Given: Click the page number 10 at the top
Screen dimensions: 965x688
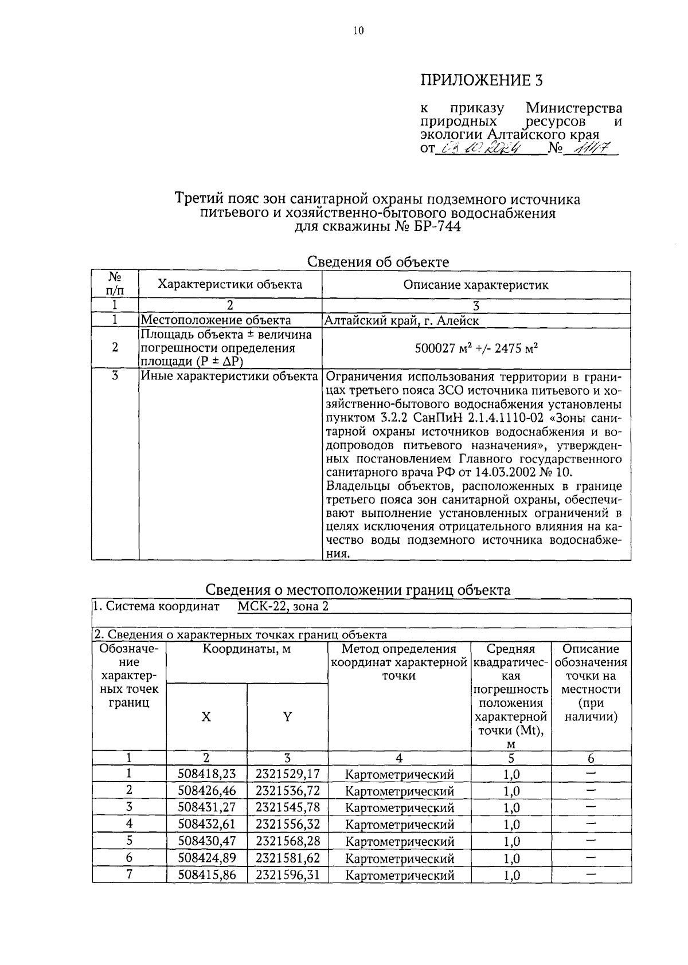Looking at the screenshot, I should pos(358,31).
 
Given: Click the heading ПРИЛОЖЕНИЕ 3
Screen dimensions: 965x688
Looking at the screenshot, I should pos(481,80).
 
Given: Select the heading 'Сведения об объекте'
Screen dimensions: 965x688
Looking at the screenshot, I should pos(378,262).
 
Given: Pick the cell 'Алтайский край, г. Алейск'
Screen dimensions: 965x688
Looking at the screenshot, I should pos(402,320).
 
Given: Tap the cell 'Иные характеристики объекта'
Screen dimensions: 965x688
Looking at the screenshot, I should pos(229,376).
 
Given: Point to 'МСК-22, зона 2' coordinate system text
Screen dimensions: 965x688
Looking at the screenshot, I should pos(283,606).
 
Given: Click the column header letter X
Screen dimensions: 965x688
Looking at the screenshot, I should pos(206,716).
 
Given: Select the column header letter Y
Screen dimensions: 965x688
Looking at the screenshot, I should pos(287,716).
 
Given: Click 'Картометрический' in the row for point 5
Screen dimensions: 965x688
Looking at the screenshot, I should pos(400,842).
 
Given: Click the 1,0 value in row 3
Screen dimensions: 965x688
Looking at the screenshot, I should pos(511,808).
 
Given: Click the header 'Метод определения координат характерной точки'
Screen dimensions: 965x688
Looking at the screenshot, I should pos(399,662).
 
